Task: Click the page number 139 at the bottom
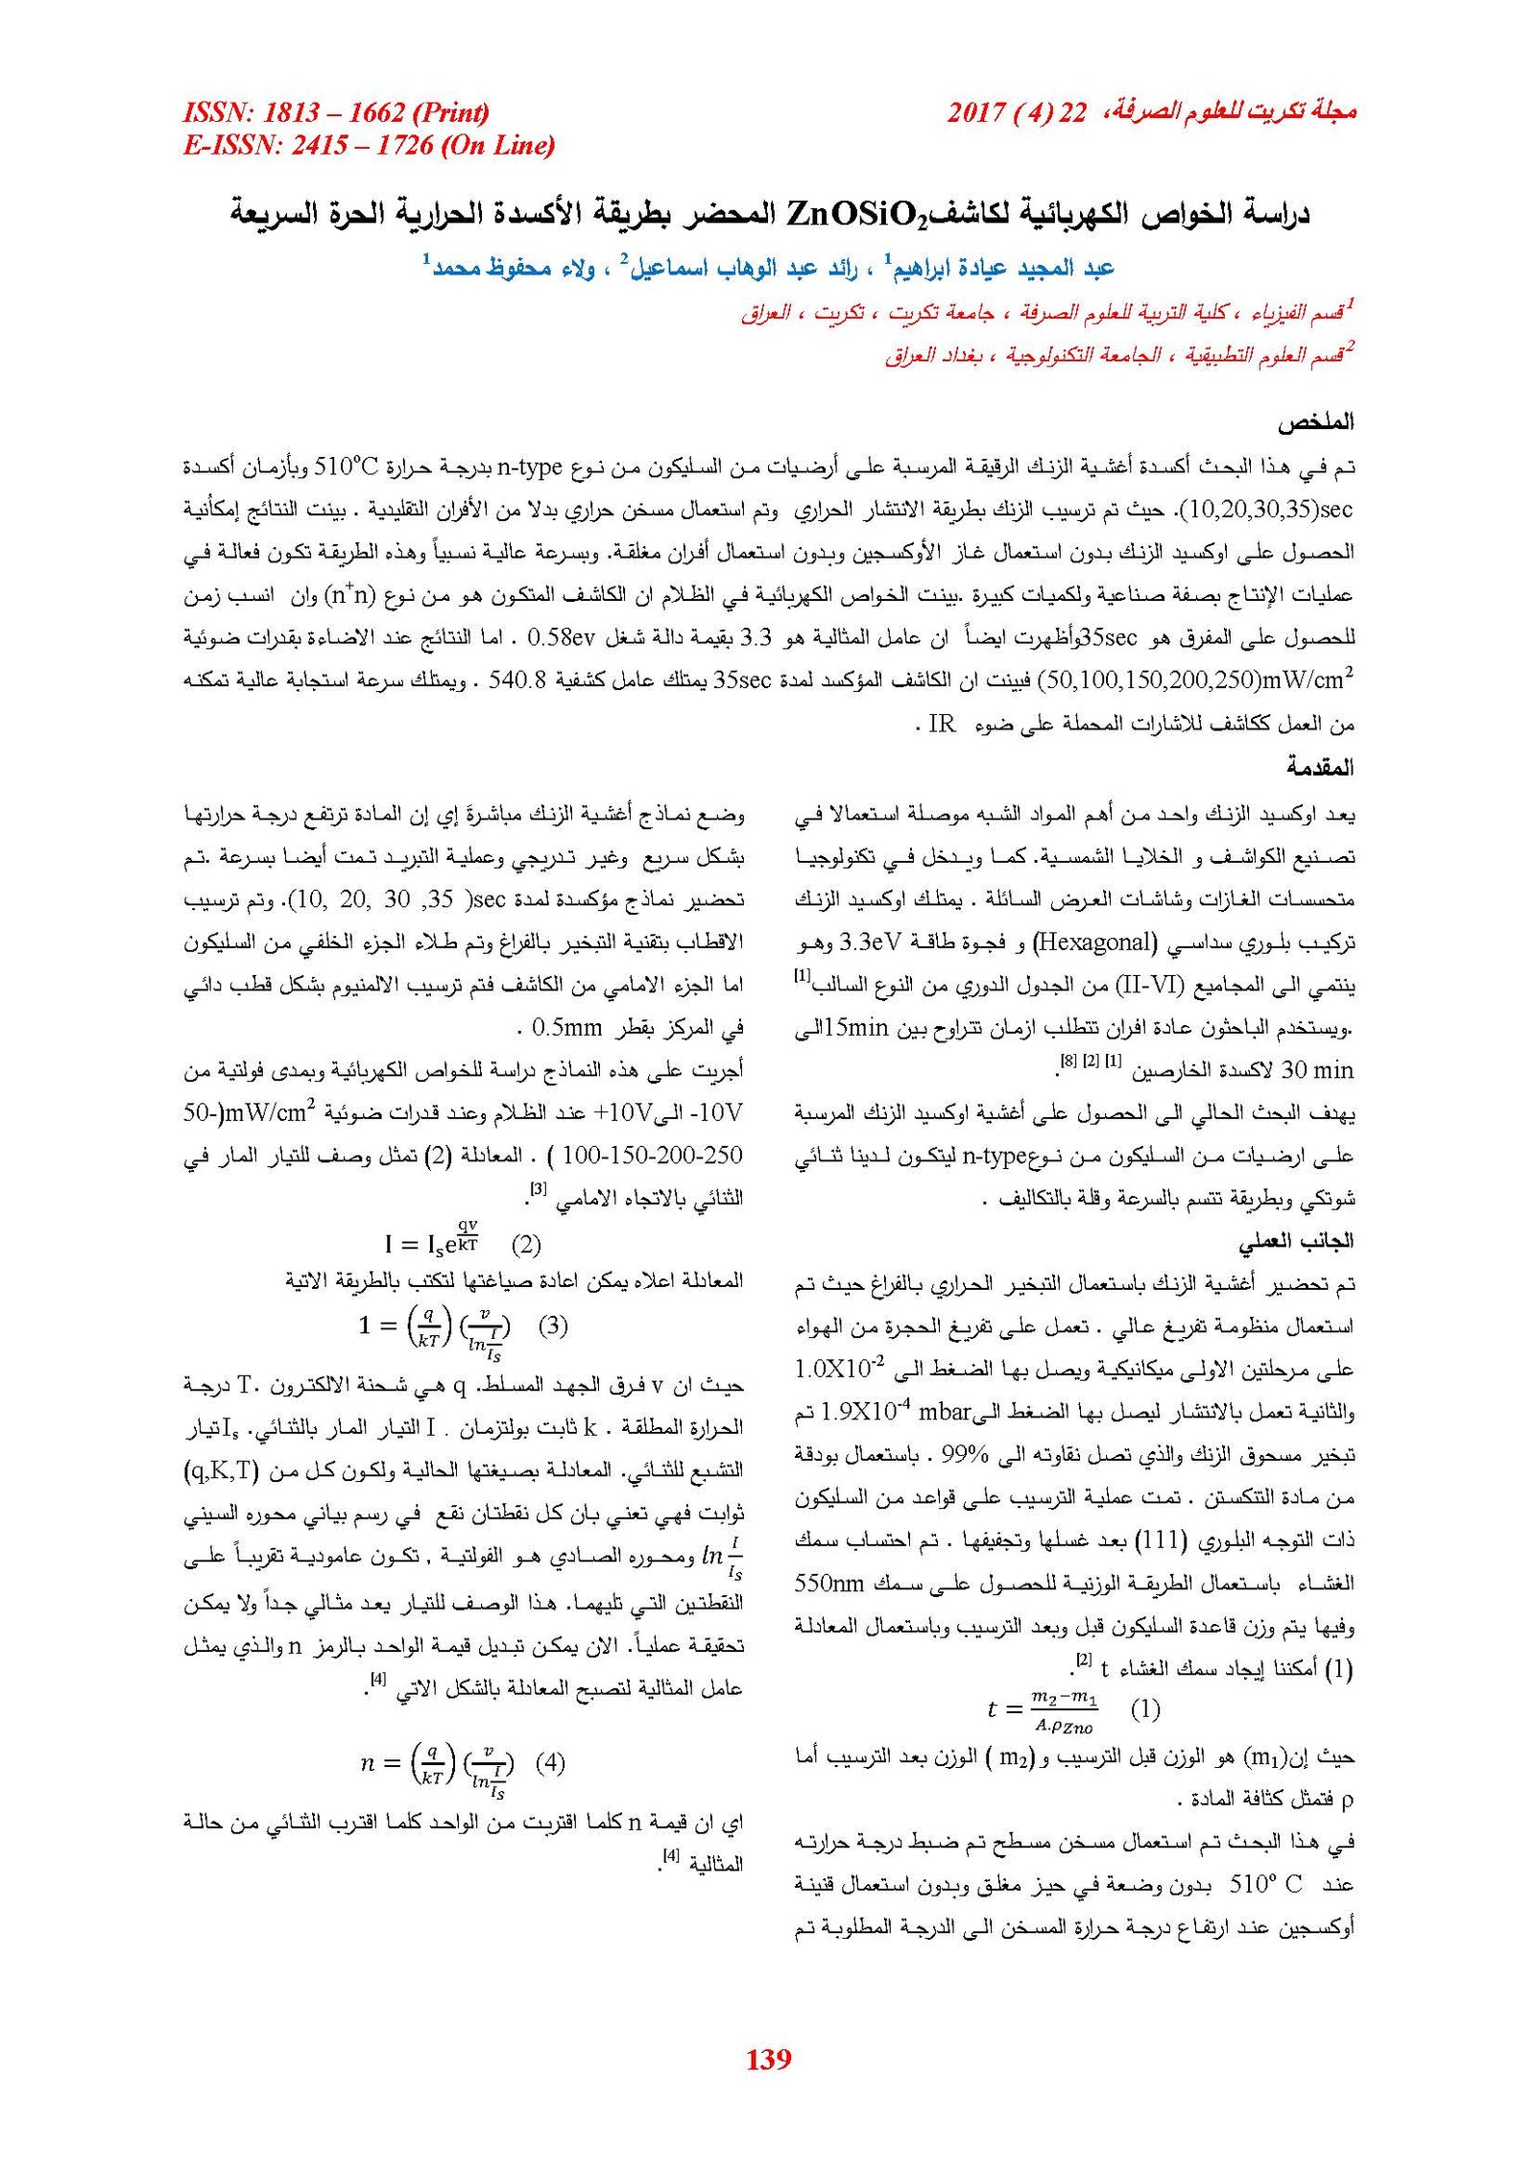(x=768, y=2057)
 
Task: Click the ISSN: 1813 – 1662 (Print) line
(x=336, y=112)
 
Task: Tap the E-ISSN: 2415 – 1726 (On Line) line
(x=369, y=145)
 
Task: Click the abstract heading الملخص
(x=1315, y=421)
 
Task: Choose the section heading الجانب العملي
(x=1295, y=1241)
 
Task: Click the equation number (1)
(x=1145, y=1708)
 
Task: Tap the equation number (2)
(x=526, y=1245)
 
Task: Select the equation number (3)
(x=553, y=1325)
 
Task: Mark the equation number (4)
(x=550, y=1762)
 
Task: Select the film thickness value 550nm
(x=829, y=1583)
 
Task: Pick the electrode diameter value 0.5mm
(x=566, y=1028)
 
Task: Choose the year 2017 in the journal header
(x=976, y=112)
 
